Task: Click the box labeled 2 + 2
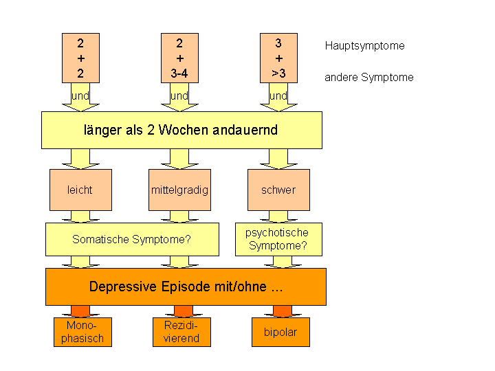point(80,58)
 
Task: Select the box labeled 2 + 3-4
point(179,58)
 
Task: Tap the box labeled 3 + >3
point(278,58)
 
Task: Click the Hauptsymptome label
point(364,46)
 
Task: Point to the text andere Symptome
point(369,78)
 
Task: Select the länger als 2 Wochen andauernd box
point(181,130)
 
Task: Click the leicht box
point(80,190)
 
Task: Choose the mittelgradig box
point(179,190)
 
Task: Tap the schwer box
point(278,190)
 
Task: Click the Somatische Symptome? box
point(132,239)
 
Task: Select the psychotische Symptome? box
point(278,239)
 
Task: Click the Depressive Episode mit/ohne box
point(186,286)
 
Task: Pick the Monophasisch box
point(82,332)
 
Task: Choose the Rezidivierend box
point(181,332)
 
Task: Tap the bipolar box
point(280,332)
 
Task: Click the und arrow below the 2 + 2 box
point(80,97)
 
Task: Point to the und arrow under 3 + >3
point(278,97)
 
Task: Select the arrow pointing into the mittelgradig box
point(179,159)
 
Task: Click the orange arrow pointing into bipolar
point(280,311)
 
